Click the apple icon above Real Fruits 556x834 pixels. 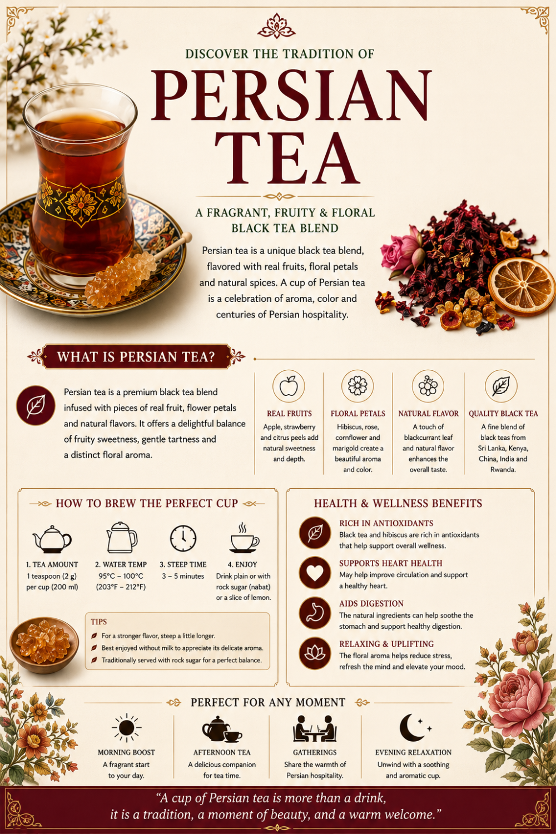click(289, 386)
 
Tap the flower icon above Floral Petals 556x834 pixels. click(358, 386)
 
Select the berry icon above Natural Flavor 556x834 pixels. click(428, 386)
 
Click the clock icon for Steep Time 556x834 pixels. click(183, 538)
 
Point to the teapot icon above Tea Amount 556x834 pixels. click(52, 539)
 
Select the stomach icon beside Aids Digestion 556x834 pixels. click(315, 613)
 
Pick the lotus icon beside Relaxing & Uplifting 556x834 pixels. click(315, 653)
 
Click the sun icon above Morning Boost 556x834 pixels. click(127, 727)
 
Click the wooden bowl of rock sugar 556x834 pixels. click(44, 645)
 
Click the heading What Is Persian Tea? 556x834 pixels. click(136, 357)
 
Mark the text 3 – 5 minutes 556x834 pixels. click(183, 576)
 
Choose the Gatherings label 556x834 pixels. click(315, 752)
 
